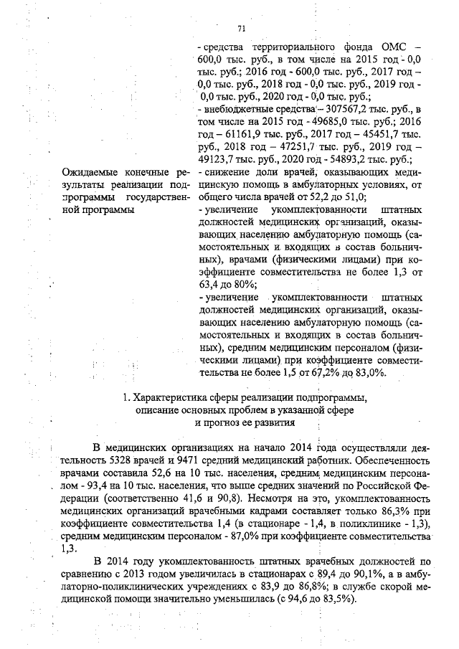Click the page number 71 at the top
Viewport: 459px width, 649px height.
pos(242,29)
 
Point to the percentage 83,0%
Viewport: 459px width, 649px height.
pos(371,373)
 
